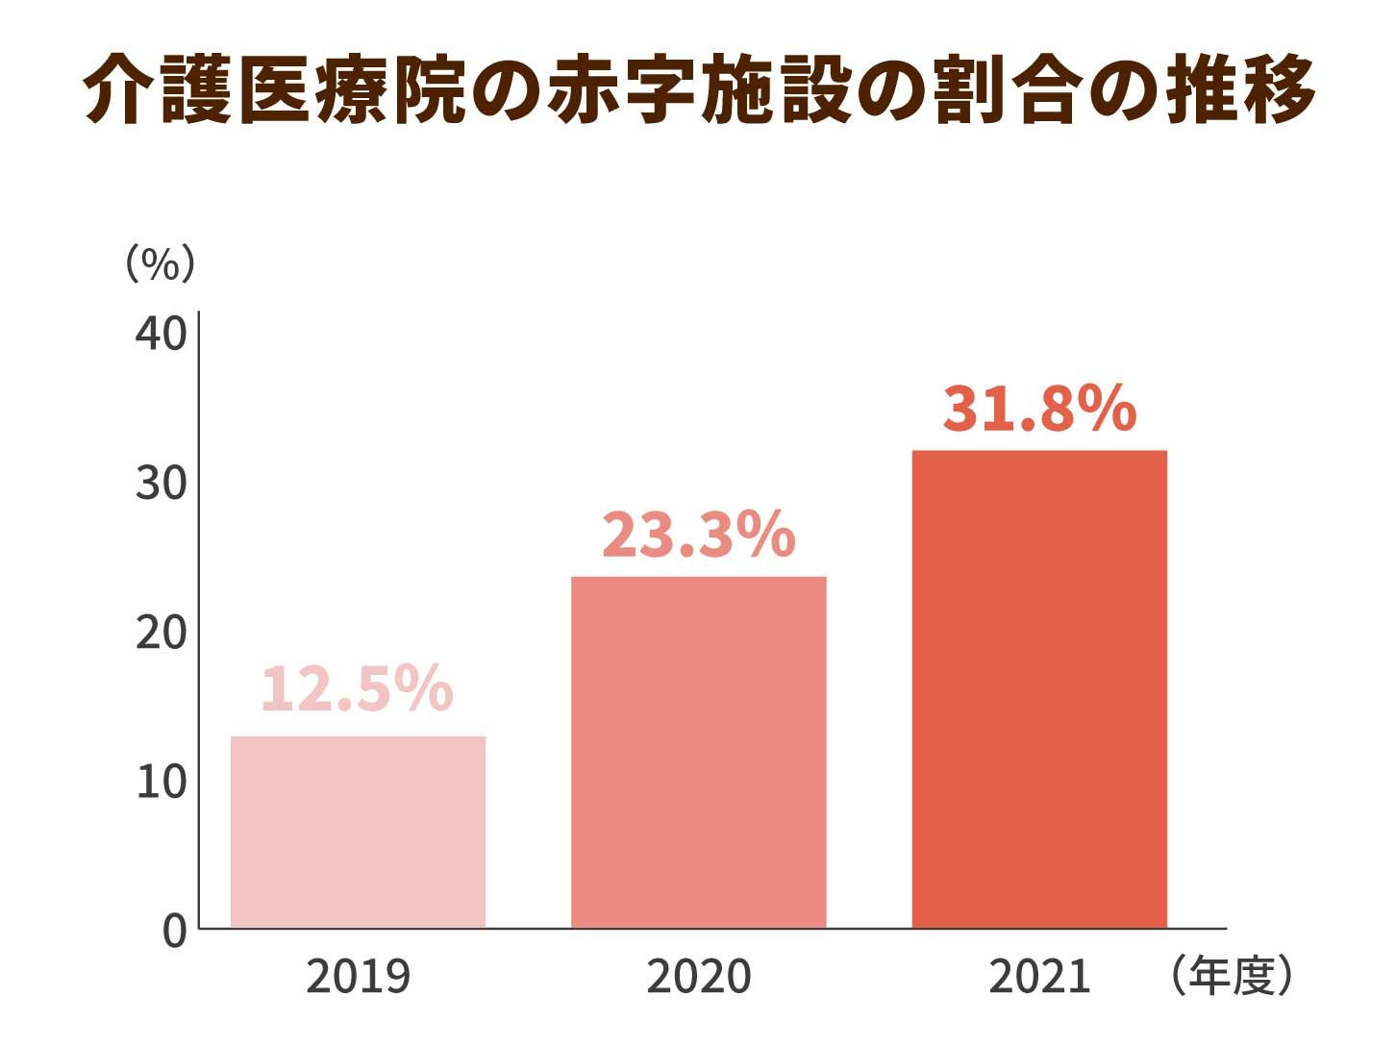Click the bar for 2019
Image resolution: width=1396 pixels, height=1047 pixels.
pyautogui.click(x=358, y=832)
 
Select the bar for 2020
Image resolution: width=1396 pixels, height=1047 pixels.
pyautogui.click(x=698, y=752)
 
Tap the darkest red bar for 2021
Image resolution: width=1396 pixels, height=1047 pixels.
pyautogui.click(x=1038, y=688)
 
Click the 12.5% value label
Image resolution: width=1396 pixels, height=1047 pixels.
pyautogui.click(x=357, y=688)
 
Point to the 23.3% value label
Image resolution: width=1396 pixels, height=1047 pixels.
pyautogui.click(x=698, y=535)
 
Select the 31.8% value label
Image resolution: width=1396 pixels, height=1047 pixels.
pyautogui.click(x=1039, y=409)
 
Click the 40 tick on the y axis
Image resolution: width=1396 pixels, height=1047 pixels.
pyautogui.click(x=161, y=334)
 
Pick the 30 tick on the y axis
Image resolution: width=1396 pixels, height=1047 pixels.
pyautogui.click(x=161, y=483)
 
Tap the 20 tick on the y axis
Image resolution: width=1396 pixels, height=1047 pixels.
pyautogui.click(x=161, y=633)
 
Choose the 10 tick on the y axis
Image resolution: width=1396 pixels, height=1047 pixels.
pyautogui.click(x=161, y=782)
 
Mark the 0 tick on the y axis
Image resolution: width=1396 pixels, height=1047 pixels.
pyautogui.click(x=174, y=931)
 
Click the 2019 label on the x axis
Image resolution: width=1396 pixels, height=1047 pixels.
pyautogui.click(x=358, y=977)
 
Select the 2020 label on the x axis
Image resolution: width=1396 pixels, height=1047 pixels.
pyautogui.click(x=698, y=977)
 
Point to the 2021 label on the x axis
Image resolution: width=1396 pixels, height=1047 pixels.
pyautogui.click(x=1039, y=977)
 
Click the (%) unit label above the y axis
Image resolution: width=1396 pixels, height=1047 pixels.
pyautogui.click(x=161, y=262)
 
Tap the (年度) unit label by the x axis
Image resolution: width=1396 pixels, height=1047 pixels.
pyautogui.click(x=1232, y=977)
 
